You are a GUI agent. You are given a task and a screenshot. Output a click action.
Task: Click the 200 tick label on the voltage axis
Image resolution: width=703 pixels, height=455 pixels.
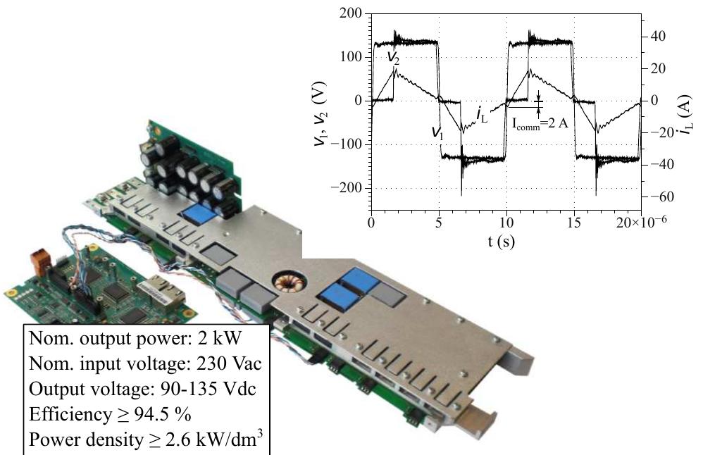(351, 13)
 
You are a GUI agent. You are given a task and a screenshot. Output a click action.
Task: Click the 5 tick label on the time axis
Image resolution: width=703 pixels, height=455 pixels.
(439, 223)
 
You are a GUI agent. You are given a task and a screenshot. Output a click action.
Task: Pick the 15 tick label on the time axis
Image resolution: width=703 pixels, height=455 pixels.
(574, 223)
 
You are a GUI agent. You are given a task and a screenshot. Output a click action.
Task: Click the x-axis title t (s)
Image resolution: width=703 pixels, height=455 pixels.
(502, 242)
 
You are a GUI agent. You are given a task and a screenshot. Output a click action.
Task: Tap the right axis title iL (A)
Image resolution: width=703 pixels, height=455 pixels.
(684, 114)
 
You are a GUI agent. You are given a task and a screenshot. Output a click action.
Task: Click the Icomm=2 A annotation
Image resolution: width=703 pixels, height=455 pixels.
(540, 123)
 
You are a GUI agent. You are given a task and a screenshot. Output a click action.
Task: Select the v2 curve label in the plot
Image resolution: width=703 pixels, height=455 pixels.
(393, 58)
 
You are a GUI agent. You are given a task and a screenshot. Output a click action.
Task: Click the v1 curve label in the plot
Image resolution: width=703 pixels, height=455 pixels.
(437, 132)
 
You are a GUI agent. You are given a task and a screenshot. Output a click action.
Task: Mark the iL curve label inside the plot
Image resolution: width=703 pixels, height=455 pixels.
(482, 115)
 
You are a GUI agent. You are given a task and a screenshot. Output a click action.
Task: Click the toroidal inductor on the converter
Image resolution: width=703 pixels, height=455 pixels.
(290, 284)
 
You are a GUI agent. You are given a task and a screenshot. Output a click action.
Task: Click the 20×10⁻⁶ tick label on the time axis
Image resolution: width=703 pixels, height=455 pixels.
(641, 222)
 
